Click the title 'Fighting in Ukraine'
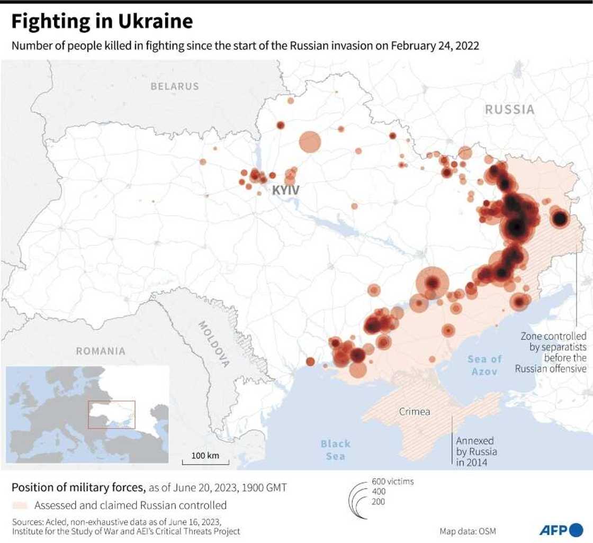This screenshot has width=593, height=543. pyautogui.click(x=102, y=21)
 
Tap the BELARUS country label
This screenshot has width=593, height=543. pyautogui.click(x=174, y=86)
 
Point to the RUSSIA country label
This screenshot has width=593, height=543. pyautogui.click(x=509, y=110)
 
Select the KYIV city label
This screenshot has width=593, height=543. pyautogui.click(x=286, y=190)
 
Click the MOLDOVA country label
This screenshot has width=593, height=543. pyautogui.click(x=214, y=344)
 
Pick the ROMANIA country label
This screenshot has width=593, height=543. pyautogui.click(x=101, y=351)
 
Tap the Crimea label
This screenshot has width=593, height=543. pyautogui.click(x=414, y=411)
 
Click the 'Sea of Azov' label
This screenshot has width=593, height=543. pyautogui.click(x=484, y=365)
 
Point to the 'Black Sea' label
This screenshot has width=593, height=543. pyautogui.click(x=335, y=449)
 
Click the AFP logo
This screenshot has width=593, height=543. pyautogui.click(x=561, y=529)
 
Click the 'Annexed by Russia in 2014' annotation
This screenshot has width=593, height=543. pyautogui.click(x=477, y=451)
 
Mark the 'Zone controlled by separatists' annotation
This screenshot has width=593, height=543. pyautogui.click(x=552, y=352)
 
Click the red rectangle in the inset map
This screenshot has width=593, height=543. pyautogui.click(x=111, y=414)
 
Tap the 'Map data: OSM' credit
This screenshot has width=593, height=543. pyautogui.click(x=468, y=531)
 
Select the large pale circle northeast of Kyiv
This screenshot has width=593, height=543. pyautogui.click(x=310, y=142)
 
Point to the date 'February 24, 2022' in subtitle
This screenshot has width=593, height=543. pyautogui.click(x=435, y=46)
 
